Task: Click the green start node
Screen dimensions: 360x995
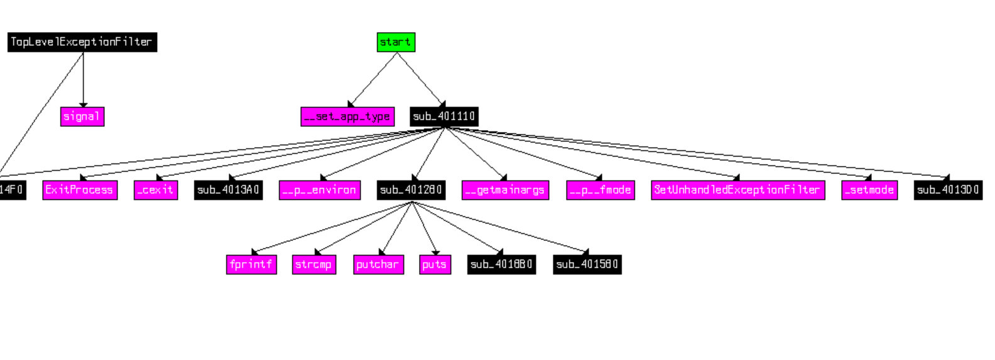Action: [396, 42]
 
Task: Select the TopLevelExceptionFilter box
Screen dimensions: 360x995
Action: [82, 42]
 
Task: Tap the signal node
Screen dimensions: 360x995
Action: [82, 116]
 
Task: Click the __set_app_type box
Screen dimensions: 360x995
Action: [347, 116]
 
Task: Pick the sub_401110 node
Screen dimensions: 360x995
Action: [444, 116]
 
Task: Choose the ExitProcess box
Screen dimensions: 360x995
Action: [80, 190]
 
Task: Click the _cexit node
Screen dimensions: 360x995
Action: [156, 190]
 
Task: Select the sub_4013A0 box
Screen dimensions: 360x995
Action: [228, 190]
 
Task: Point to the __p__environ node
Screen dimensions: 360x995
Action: [320, 190]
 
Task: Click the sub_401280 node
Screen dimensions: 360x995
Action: [411, 190]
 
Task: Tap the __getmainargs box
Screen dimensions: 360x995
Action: [506, 190]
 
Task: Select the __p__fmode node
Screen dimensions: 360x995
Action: [601, 190]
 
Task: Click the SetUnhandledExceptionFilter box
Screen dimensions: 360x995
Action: [737, 190]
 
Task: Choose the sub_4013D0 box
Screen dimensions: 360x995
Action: [948, 190]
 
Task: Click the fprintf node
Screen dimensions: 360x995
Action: [251, 265]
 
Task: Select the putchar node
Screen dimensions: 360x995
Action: [378, 265]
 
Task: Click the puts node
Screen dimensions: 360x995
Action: [435, 265]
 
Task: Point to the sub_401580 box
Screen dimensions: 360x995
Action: [587, 265]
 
